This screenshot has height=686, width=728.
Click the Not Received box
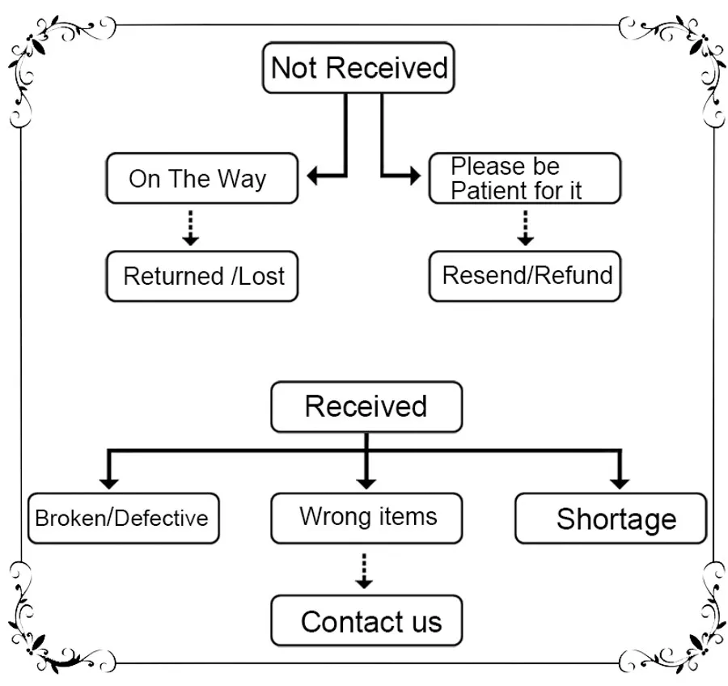[358, 68]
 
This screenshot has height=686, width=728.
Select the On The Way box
[201, 178]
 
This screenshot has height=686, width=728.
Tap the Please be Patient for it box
[524, 178]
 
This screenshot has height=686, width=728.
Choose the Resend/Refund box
[526, 276]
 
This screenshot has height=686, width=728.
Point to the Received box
[366, 406]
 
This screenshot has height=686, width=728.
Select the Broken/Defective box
[123, 518]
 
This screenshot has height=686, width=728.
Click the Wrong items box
[366, 517]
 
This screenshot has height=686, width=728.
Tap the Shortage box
[611, 519]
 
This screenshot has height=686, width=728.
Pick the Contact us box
[366, 621]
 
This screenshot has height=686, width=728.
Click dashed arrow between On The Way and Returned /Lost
[190, 227]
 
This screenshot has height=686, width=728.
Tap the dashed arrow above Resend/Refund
[526, 227]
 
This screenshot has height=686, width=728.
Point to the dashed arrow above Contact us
[365, 570]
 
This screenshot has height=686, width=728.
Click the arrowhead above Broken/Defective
[109, 482]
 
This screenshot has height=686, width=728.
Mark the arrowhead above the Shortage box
[620, 482]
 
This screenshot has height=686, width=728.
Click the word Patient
[485, 191]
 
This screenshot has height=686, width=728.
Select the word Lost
[260, 277]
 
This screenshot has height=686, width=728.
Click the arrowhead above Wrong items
[366, 482]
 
